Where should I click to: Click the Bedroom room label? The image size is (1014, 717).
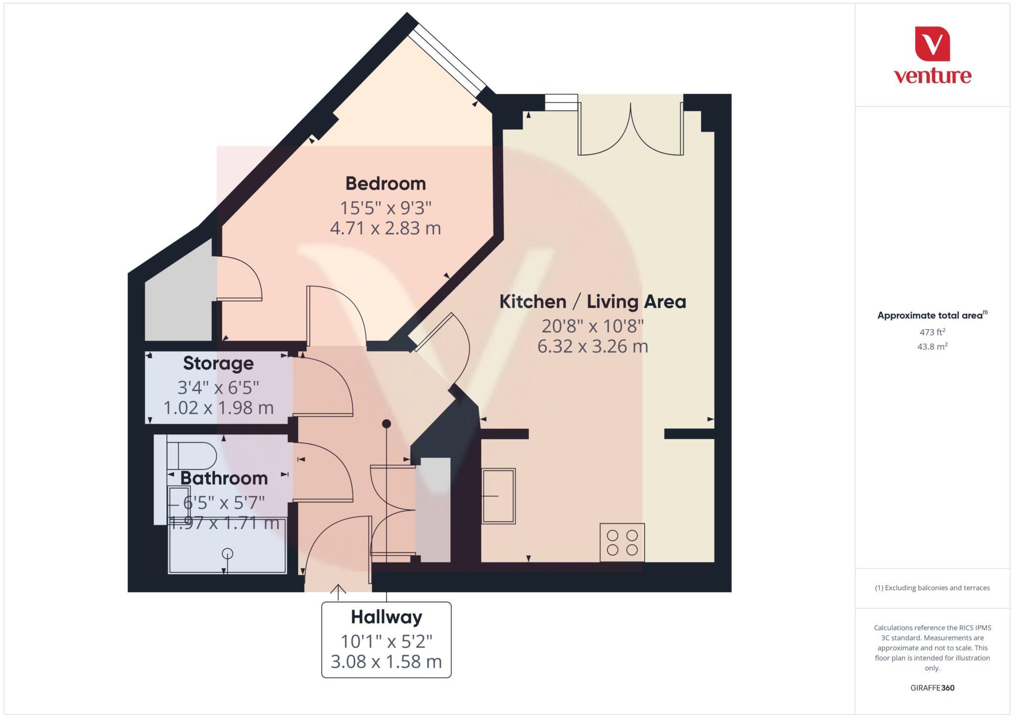385,184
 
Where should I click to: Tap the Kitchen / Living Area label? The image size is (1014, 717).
592,302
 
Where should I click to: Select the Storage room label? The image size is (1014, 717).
218,363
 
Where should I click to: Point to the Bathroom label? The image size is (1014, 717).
224,478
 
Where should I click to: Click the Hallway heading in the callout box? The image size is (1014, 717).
386,617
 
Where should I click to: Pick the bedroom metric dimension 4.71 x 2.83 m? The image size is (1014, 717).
385,228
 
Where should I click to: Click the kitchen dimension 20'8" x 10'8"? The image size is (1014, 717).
592,326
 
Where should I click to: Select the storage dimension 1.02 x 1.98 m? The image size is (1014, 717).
218,408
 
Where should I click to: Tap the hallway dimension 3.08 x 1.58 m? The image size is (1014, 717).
386,662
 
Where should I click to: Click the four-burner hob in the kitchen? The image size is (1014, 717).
622,543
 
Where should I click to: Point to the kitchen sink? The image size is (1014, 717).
499,496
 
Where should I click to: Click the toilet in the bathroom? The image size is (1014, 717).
192,456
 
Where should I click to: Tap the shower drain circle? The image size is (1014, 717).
228,554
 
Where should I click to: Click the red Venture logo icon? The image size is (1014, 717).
932,44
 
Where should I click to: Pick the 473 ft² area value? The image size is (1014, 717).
932,332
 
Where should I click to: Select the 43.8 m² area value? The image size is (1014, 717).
932,347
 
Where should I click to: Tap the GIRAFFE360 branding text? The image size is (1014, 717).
932,688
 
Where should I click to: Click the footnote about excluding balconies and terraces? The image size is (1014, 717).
932,588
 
